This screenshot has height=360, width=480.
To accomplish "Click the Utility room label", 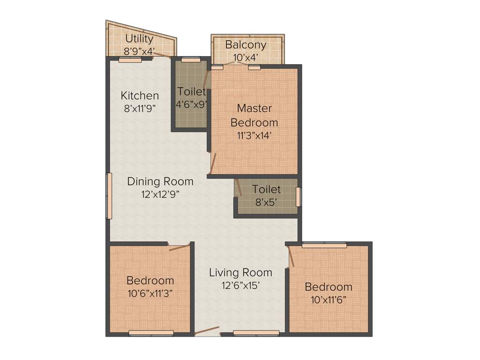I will tap(139, 39).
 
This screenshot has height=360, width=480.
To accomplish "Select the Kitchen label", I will tap(140, 96).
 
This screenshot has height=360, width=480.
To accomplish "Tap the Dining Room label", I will tap(160, 181).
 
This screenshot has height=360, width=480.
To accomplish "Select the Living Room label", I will tap(240, 272).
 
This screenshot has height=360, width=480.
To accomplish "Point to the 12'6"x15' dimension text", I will tap(240, 285).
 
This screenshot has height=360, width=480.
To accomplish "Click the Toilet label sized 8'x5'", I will tap(266, 189).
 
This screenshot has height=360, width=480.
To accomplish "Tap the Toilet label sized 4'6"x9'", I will tap(191, 91).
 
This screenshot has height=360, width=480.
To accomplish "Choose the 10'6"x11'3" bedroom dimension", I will tap(150, 293).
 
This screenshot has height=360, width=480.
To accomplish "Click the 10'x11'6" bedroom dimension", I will tap(328, 299).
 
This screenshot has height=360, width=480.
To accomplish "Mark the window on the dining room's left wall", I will tap(109, 196).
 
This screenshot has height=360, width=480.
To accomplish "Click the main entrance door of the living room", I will tap(207, 331).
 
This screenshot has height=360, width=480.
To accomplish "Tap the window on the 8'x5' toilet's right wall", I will tap(298, 196).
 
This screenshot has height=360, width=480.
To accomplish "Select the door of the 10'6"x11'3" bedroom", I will tap(180, 247).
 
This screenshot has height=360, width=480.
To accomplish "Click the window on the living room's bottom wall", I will tap(256, 334).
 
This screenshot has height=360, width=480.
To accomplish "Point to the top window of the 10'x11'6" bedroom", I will tap(324, 245).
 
